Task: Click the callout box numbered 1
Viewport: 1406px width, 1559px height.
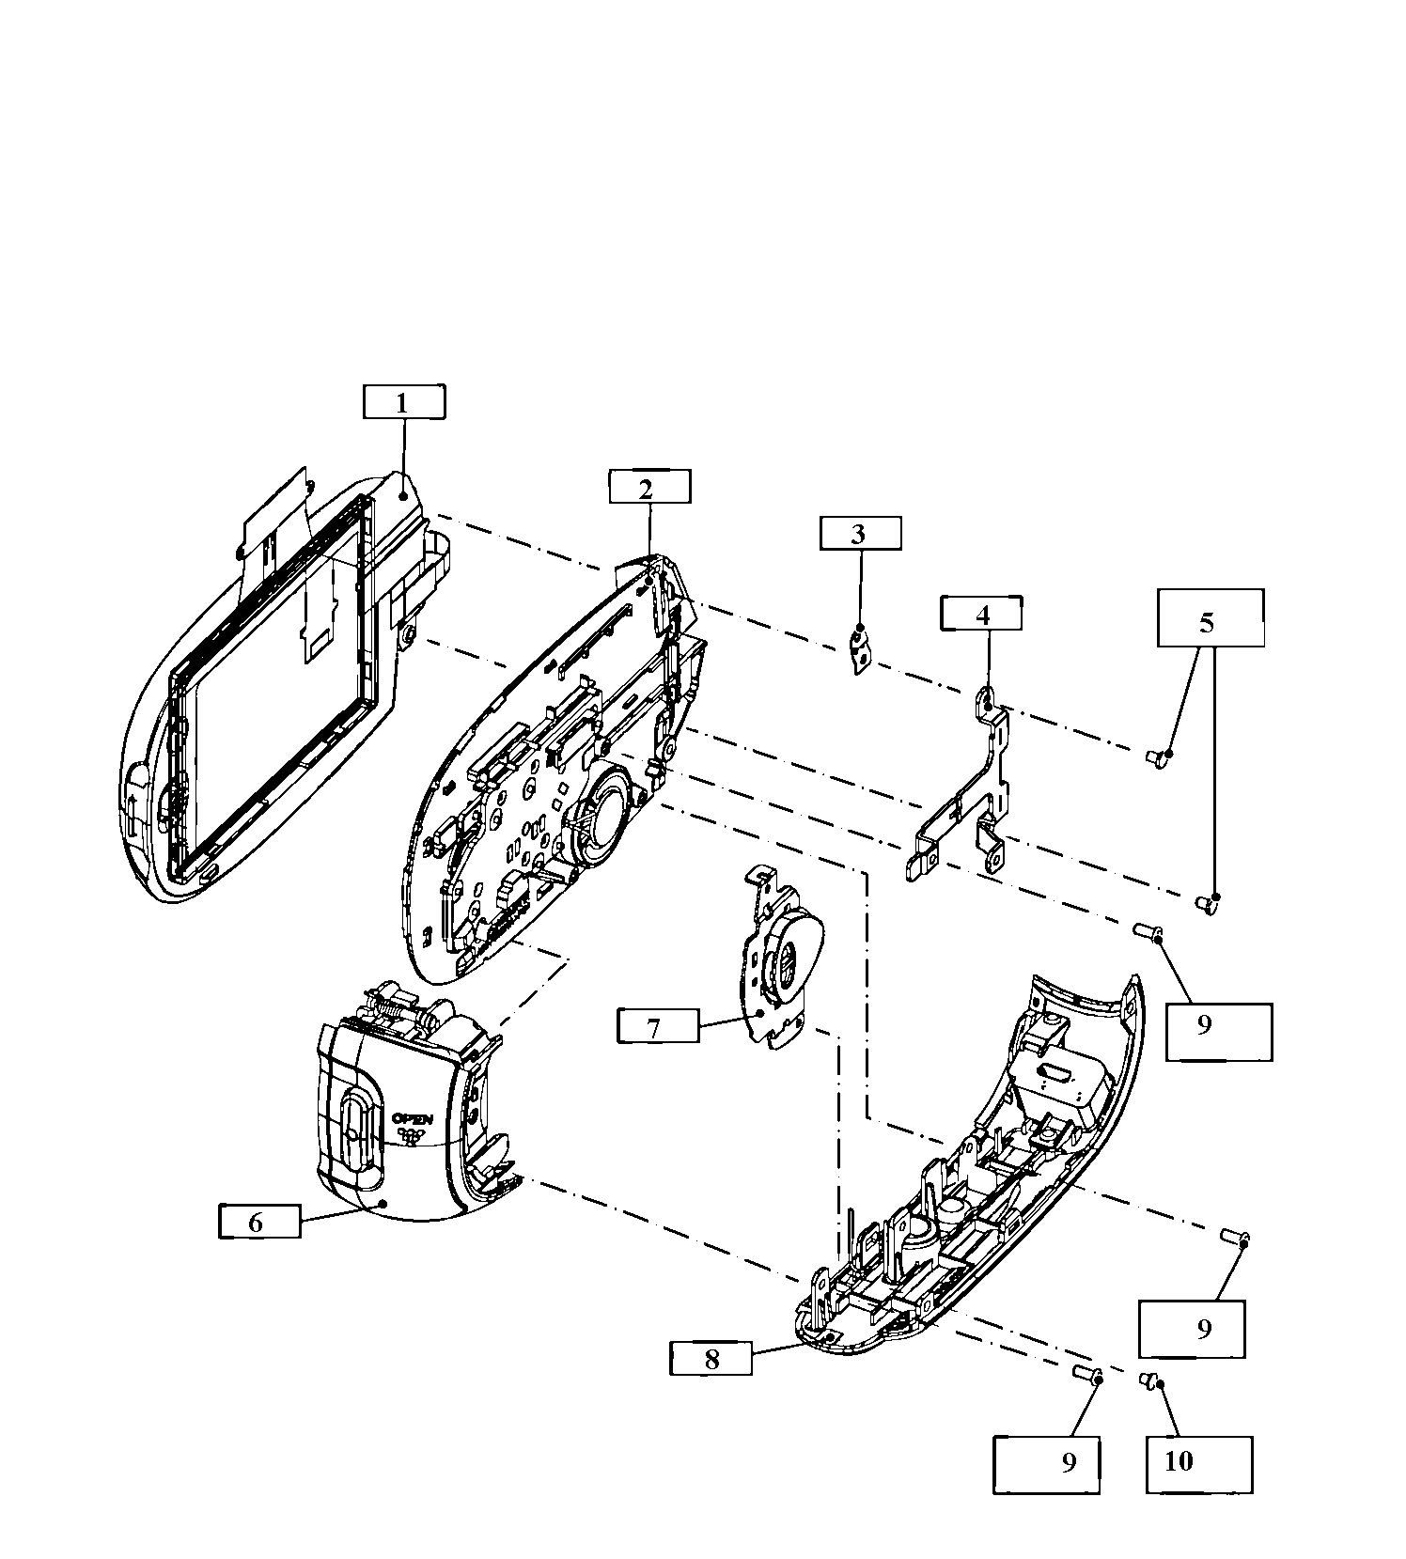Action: tap(403, 402)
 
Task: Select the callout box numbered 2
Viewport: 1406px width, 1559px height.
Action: tap(648, 487)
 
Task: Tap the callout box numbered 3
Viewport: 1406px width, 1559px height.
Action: tap(860, 533)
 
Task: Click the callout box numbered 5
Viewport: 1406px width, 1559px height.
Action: tap(1210, 618)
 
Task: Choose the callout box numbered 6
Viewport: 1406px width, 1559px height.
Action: tap(259, 1222)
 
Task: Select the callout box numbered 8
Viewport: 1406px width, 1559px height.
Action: tap(711, 1358)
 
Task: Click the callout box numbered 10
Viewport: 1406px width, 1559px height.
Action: tap(1198, 1464)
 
